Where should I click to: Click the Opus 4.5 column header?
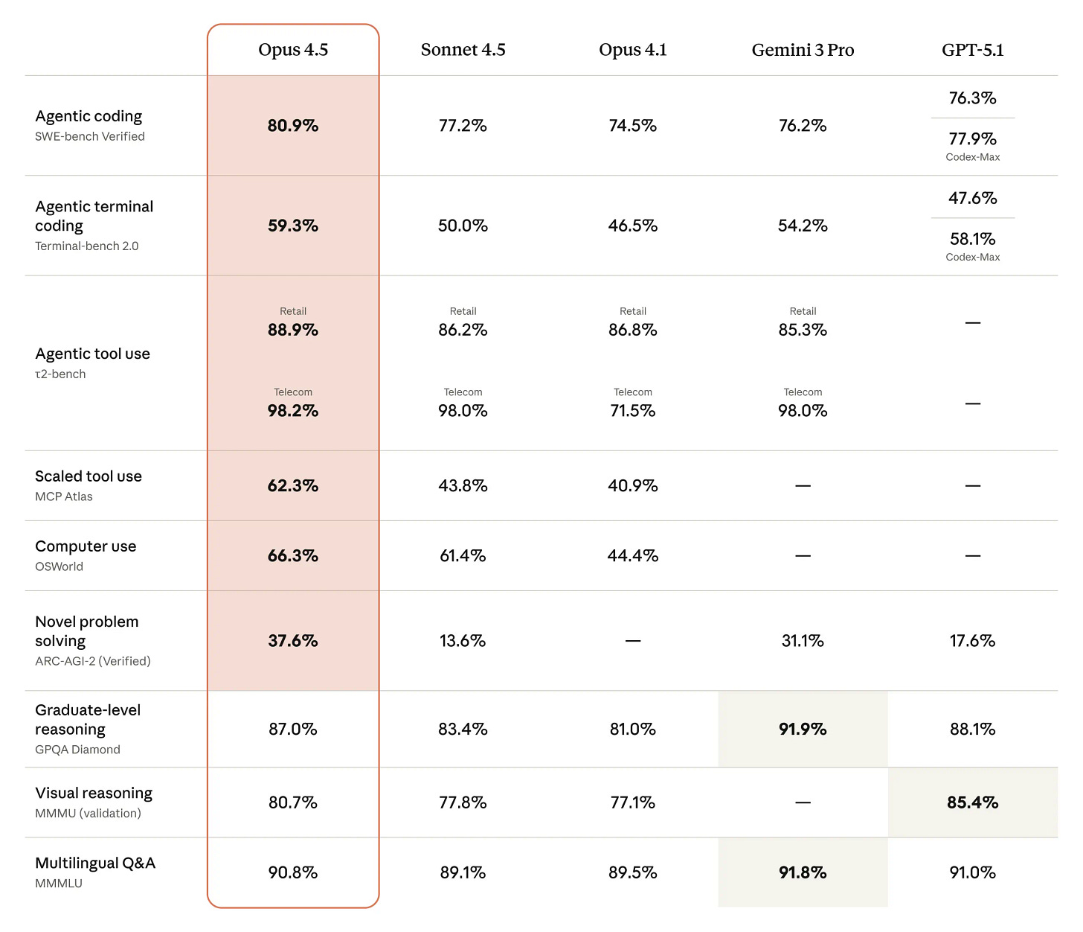coord(293,50)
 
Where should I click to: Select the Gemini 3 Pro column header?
coord(803,50)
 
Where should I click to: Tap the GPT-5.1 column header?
coord(972,50)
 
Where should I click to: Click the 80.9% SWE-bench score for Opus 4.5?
coord(293,126)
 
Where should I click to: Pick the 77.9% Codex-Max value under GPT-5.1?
coord(972,139)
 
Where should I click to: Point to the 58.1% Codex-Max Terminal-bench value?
coord(972,239)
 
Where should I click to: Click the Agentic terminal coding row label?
coord(94,216)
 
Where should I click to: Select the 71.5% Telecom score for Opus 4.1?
coord(632,411)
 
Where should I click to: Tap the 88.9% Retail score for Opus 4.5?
coord(293,330)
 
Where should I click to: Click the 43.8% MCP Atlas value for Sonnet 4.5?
coord(463,486)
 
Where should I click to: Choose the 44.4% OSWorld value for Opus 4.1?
coord(632,556)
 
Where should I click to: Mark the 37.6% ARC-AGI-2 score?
coord(293,641)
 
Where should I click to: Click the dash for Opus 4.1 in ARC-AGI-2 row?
coord(632,641)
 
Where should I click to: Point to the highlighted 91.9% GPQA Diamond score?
coord(803,730)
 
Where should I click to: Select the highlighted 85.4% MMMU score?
coord(972,802)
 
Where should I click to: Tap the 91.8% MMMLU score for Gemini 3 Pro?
coord(803,872)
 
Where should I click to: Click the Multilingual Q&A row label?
coord(95,864)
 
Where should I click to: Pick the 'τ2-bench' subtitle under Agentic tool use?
coord(60,374)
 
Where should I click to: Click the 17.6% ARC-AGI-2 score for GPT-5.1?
coord(972,641)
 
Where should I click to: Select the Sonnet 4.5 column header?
coord(463,50)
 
